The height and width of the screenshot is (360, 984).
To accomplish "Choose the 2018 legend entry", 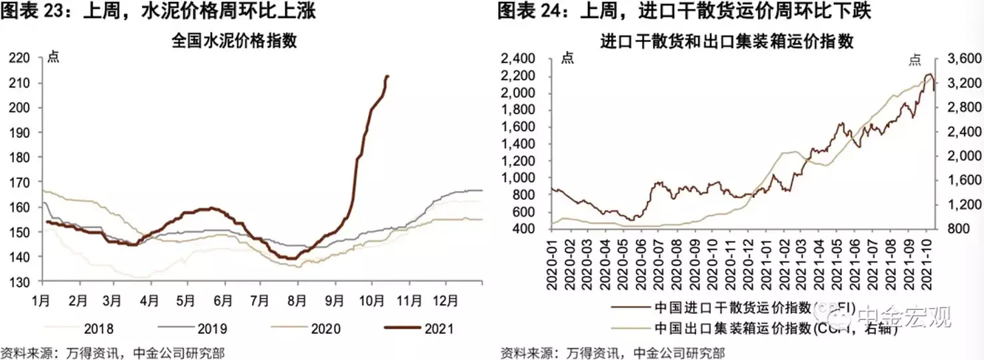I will point(98,328).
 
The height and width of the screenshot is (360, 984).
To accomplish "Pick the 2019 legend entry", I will point(212,328).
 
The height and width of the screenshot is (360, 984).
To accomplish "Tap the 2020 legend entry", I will point(325,328).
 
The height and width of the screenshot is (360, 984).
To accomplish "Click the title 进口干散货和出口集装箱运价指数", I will point(727,41).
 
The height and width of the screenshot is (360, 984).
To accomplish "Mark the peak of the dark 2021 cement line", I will point(388,76).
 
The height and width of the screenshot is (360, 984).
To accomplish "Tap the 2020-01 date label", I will point(553,263).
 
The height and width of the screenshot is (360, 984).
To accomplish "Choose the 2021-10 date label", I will point(927,263).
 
